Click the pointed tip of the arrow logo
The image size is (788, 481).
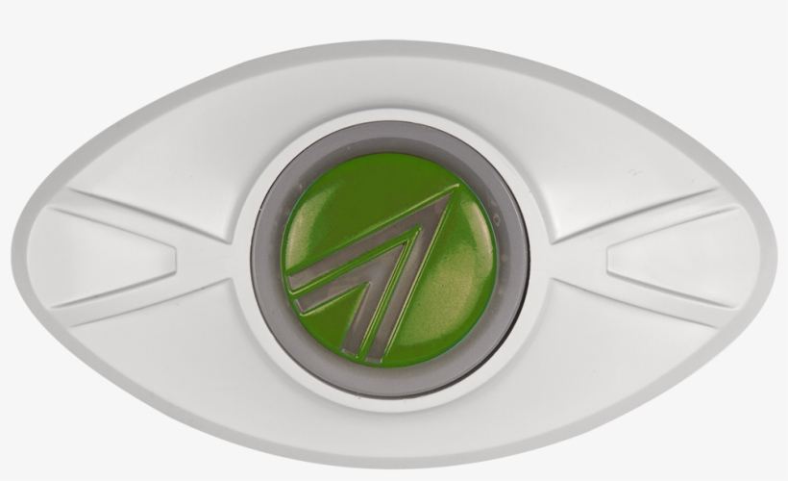click(455, 190)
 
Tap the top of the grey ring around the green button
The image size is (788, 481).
click(390, 141)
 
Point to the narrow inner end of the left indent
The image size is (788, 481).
click(173, 255)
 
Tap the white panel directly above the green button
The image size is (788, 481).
click(390, 91)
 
